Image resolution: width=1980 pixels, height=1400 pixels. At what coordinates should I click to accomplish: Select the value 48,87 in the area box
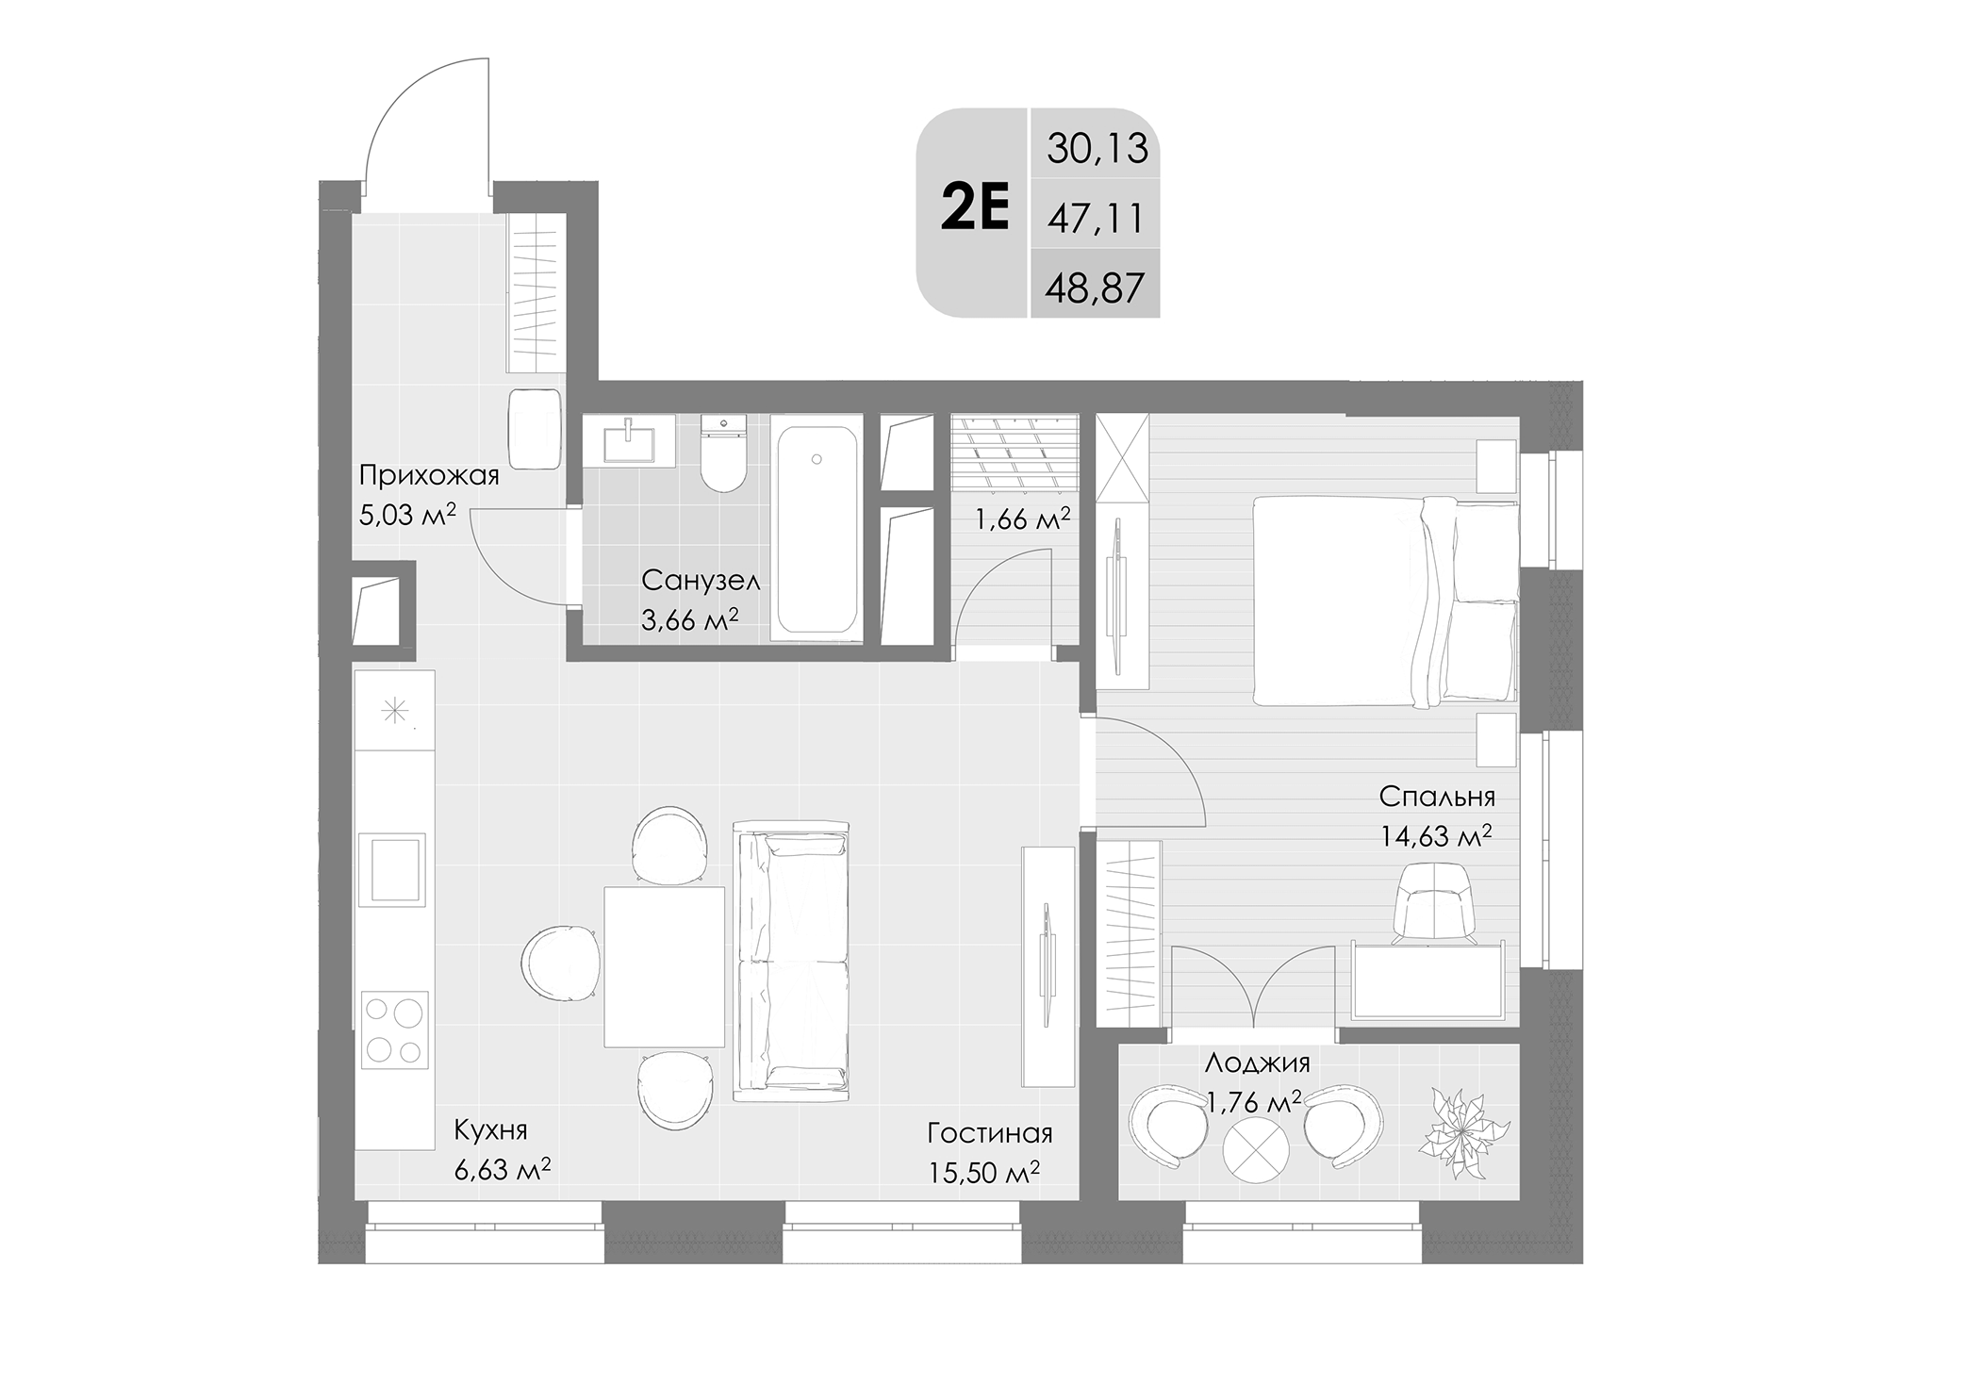(x=1095, y=287)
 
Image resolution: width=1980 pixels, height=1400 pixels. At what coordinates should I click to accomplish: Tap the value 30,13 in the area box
(x=1097, y=149)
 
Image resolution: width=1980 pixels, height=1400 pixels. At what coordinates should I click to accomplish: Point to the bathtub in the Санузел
(x=817, y=530)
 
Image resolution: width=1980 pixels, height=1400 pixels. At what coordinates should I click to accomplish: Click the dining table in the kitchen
(x=664, y=966)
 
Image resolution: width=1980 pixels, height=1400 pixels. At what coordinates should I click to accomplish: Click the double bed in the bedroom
(x=1384, y=601)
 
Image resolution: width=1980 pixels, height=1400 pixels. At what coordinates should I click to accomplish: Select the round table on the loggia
(x=1256, y=1156)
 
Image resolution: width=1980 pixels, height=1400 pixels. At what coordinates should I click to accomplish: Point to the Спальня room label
(x=1436, y=797)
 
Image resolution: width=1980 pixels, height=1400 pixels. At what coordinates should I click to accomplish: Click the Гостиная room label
(x=989, y=1132)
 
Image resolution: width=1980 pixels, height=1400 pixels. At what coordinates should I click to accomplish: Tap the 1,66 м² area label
(x=1022, y=519)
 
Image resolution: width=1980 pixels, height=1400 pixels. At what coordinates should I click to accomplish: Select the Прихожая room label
(x=429, y=475)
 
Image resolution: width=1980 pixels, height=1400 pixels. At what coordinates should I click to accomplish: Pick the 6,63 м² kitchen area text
(x=502, y=1170)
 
